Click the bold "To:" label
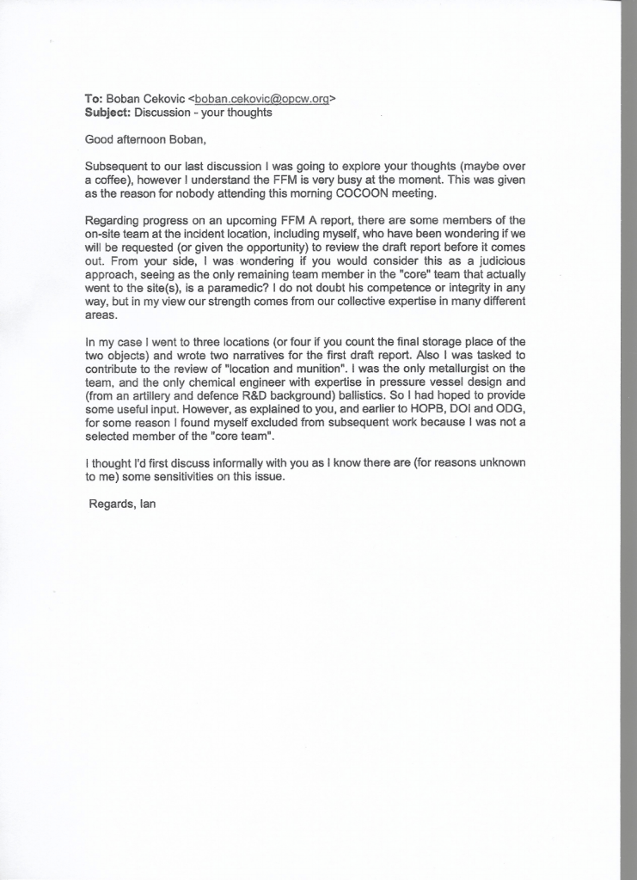tap(94, 99)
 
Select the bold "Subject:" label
tap(107, 113)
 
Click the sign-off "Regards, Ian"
tap(122, 504)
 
